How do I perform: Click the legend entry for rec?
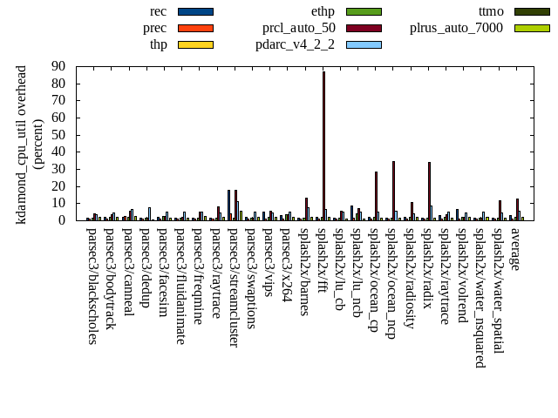159,11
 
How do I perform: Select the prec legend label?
155,28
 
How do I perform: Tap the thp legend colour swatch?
195,44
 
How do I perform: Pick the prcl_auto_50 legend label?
299,28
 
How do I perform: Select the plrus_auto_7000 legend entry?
457,28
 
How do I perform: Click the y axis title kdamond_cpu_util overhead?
23,145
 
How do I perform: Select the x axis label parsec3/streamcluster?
234,287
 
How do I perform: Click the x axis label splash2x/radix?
427,271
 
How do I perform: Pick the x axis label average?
515,248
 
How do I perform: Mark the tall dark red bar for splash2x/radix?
429,191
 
